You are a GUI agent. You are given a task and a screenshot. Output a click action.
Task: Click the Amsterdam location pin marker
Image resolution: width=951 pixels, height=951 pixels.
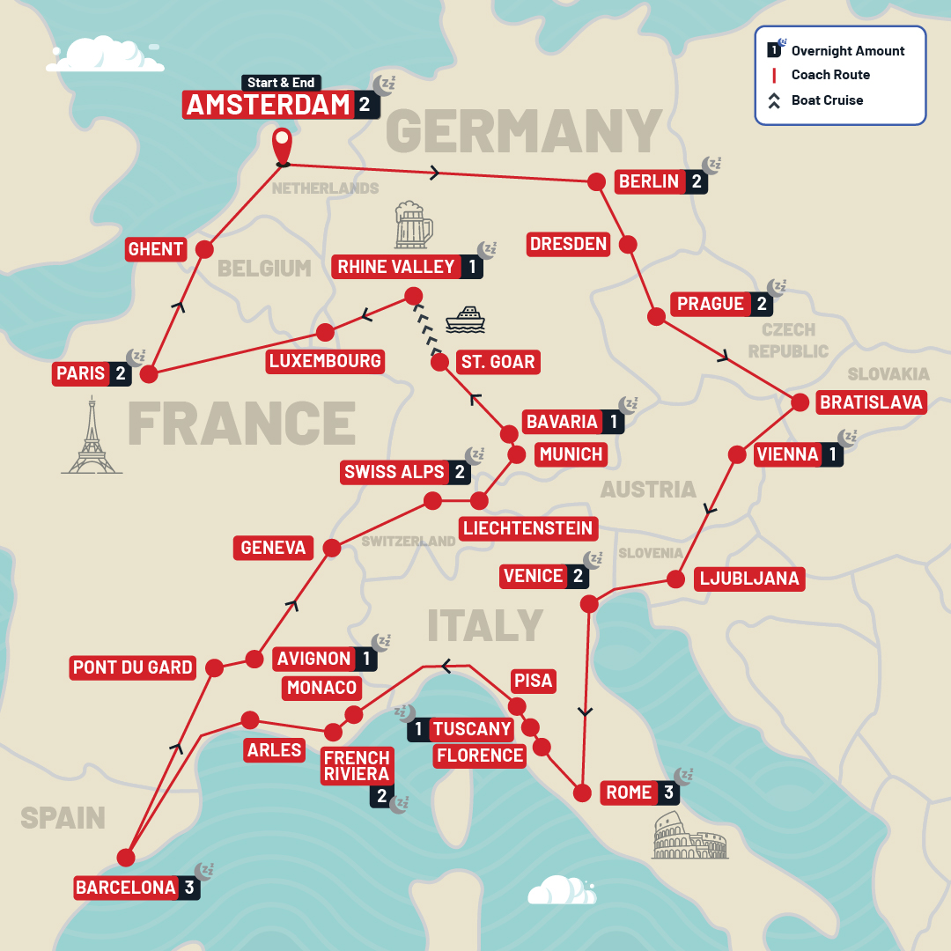point(282,146)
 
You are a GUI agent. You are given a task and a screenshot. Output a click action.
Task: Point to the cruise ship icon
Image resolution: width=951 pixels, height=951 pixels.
point(465,320)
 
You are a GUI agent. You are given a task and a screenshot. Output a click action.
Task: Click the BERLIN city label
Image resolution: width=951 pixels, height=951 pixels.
point(649,181)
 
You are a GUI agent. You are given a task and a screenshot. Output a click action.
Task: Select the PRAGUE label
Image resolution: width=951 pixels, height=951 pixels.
point(711,304)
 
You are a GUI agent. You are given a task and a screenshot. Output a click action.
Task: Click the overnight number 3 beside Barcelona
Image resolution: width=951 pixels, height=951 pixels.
point(189,888)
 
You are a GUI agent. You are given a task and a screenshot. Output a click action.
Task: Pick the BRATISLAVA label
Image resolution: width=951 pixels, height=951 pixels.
point(871,402)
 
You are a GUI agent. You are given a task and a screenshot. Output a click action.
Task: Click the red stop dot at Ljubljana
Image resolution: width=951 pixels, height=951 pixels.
point(675,579)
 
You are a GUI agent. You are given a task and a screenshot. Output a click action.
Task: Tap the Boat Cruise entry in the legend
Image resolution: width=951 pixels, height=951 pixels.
point(826,100)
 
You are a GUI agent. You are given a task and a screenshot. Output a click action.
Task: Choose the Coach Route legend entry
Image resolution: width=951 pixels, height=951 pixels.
point(829,75)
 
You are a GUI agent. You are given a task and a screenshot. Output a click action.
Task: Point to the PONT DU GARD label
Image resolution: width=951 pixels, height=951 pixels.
point(133,667)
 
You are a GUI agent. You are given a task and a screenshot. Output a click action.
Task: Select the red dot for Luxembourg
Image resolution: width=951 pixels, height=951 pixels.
point(325,332)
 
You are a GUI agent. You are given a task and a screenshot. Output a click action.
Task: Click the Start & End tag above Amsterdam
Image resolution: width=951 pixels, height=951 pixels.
point(280,83)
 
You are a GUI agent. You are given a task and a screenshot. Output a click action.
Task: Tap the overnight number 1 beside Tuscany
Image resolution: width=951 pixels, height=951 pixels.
point(418,729)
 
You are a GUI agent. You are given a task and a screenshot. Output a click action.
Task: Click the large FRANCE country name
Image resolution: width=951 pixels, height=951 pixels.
point(241,424)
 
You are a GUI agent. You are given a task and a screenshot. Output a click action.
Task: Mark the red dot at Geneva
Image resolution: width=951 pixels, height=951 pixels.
point(332,548)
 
